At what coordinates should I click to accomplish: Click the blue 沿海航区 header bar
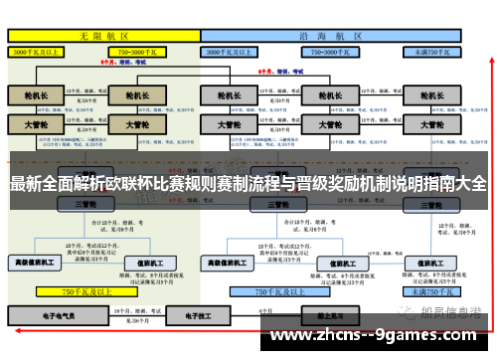(x=333, y=34)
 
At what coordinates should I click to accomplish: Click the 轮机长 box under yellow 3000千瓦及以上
(x=36, y=97)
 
